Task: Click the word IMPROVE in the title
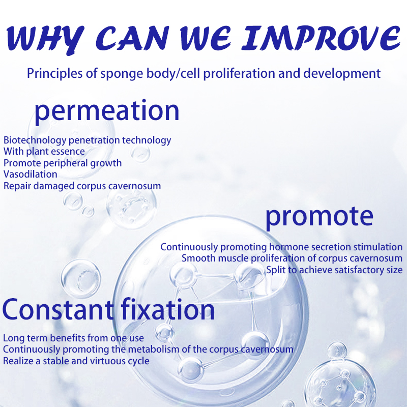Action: (x=321, y=38)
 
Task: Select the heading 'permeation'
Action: (x=107, y=111)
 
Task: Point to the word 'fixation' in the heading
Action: (x=168, y=309)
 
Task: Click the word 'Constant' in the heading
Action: (x=58, y=309)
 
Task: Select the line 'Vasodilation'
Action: (x=31, y=174)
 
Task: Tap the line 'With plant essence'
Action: (x=44, y=152)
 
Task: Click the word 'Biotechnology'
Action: (x=35, y=140)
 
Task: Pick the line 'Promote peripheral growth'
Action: (x=63, y=163)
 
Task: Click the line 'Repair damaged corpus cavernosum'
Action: (x=82, y=186)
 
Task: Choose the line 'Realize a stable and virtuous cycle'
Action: (x=76, y=361)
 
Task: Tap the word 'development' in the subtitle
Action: (x=341, y=74)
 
